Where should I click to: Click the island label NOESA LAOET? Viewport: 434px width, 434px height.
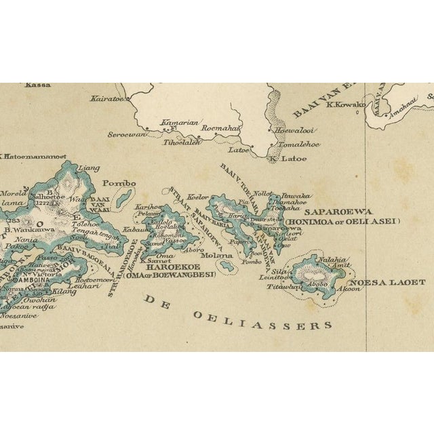point(387,282)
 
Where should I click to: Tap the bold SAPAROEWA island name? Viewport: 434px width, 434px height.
point(332,211)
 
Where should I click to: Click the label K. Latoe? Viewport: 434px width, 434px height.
point(288,159)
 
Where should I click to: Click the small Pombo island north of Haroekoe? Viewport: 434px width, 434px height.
point(123,199)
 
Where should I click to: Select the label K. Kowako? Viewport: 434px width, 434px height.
point(345,104)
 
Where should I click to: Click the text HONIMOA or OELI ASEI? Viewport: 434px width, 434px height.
point(342,221)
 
